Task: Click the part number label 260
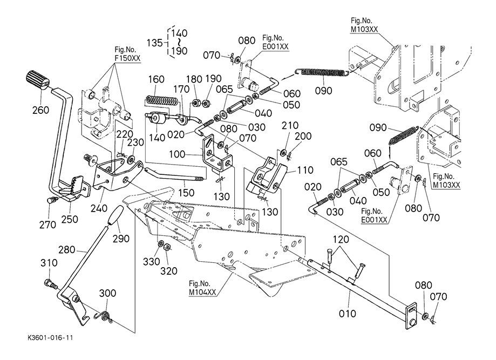click(40, 110)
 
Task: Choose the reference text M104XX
click(202, 292)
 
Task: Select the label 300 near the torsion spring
click(107, 293)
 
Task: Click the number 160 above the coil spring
click(156, 80)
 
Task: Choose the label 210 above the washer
click(290, 126)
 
